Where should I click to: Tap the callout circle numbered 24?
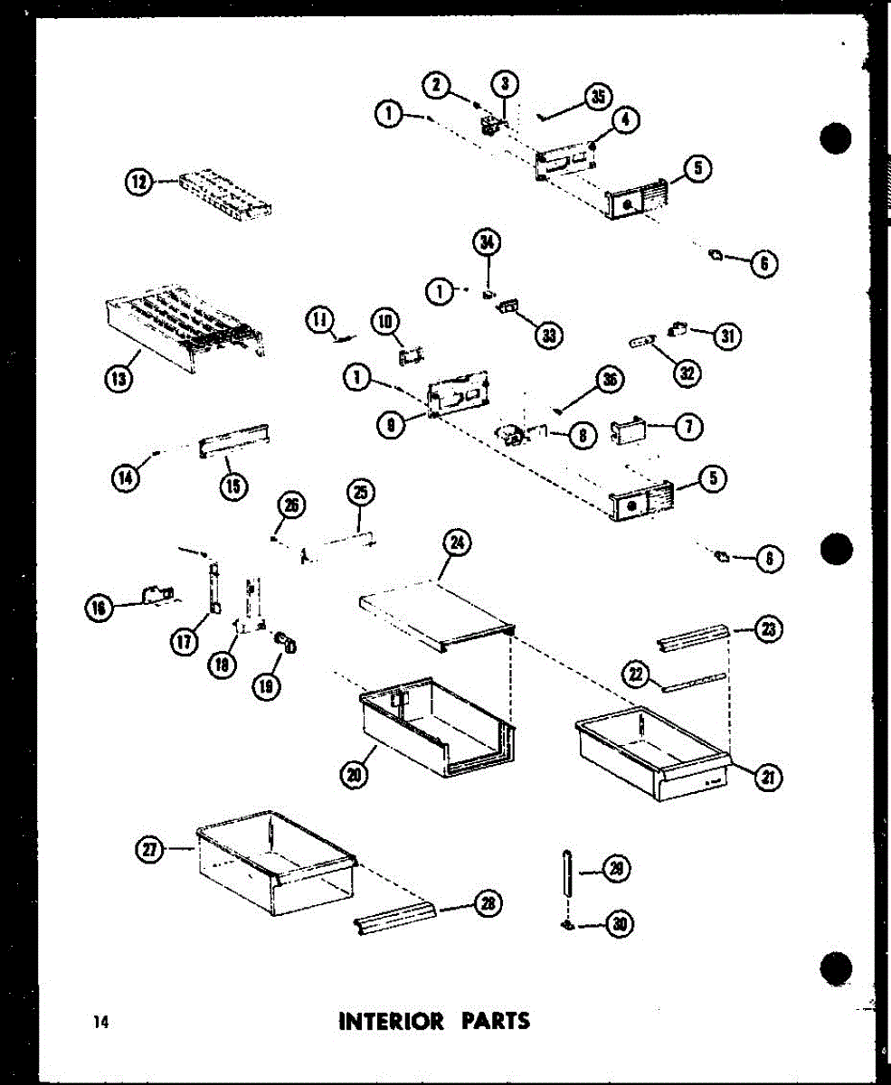click(456, 542)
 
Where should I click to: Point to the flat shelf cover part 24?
click(434, 615)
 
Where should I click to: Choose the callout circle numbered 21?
click(770, 777)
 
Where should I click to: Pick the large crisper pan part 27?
click(271, 859)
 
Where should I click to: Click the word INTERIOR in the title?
click(391, 1022)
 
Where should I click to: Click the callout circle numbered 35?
click(597, 98)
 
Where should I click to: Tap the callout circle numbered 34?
click(488, 242)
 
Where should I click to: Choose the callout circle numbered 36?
click(611, 382)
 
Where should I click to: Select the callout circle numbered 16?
click(100, 609)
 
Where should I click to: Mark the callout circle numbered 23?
click(770, 630)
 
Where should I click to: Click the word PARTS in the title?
click(496, 1022)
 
